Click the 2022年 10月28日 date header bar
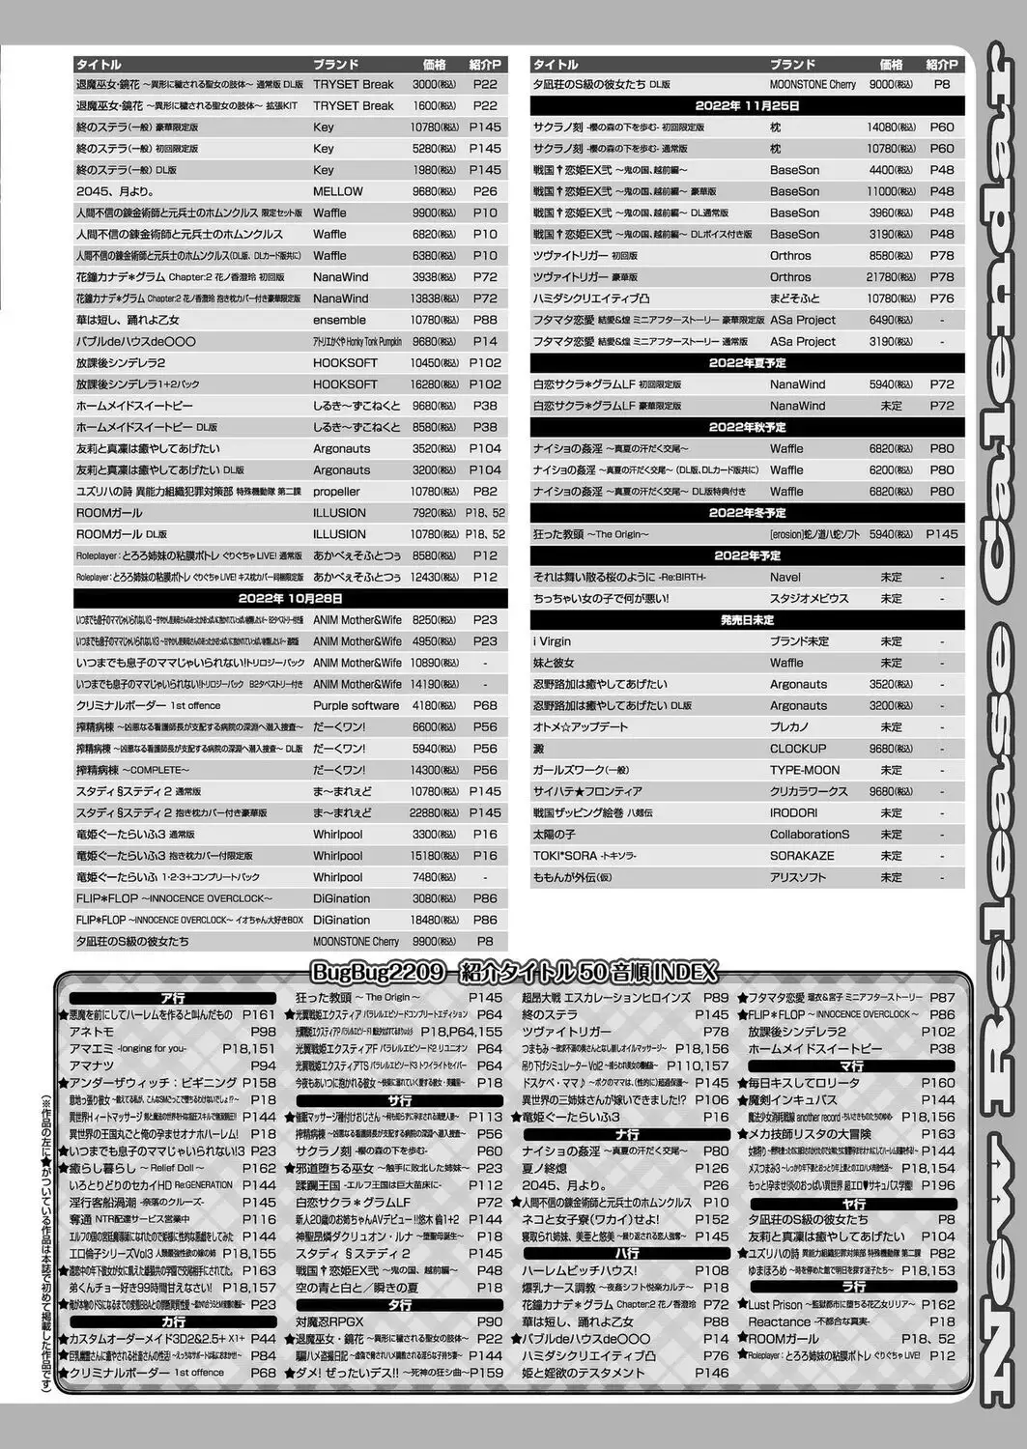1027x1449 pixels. click(290, 599)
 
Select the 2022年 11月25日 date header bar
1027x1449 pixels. click(747, 105)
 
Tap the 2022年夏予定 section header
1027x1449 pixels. click(747, 363)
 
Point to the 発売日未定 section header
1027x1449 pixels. click(747, 620)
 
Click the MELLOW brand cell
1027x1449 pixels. click(337, 191)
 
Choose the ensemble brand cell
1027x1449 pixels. click(339, 320)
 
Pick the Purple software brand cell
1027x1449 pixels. click(356, 706)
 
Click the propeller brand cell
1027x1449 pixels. click(336, 492)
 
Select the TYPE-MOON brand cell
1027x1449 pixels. click(805, 770)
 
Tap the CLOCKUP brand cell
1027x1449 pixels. click(798, 749)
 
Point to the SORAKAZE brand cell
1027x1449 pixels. click(802, 856)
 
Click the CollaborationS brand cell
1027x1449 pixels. click(810, 835)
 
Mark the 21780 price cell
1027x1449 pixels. click(890, 277)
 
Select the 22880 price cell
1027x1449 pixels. click(433, 813)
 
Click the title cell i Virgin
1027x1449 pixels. click(553, 641)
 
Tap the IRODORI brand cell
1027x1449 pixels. click(794, 813)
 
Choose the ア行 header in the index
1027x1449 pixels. click(174, 998)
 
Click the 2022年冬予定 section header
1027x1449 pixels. click(747, 513)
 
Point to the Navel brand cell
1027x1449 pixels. click(785, 578)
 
